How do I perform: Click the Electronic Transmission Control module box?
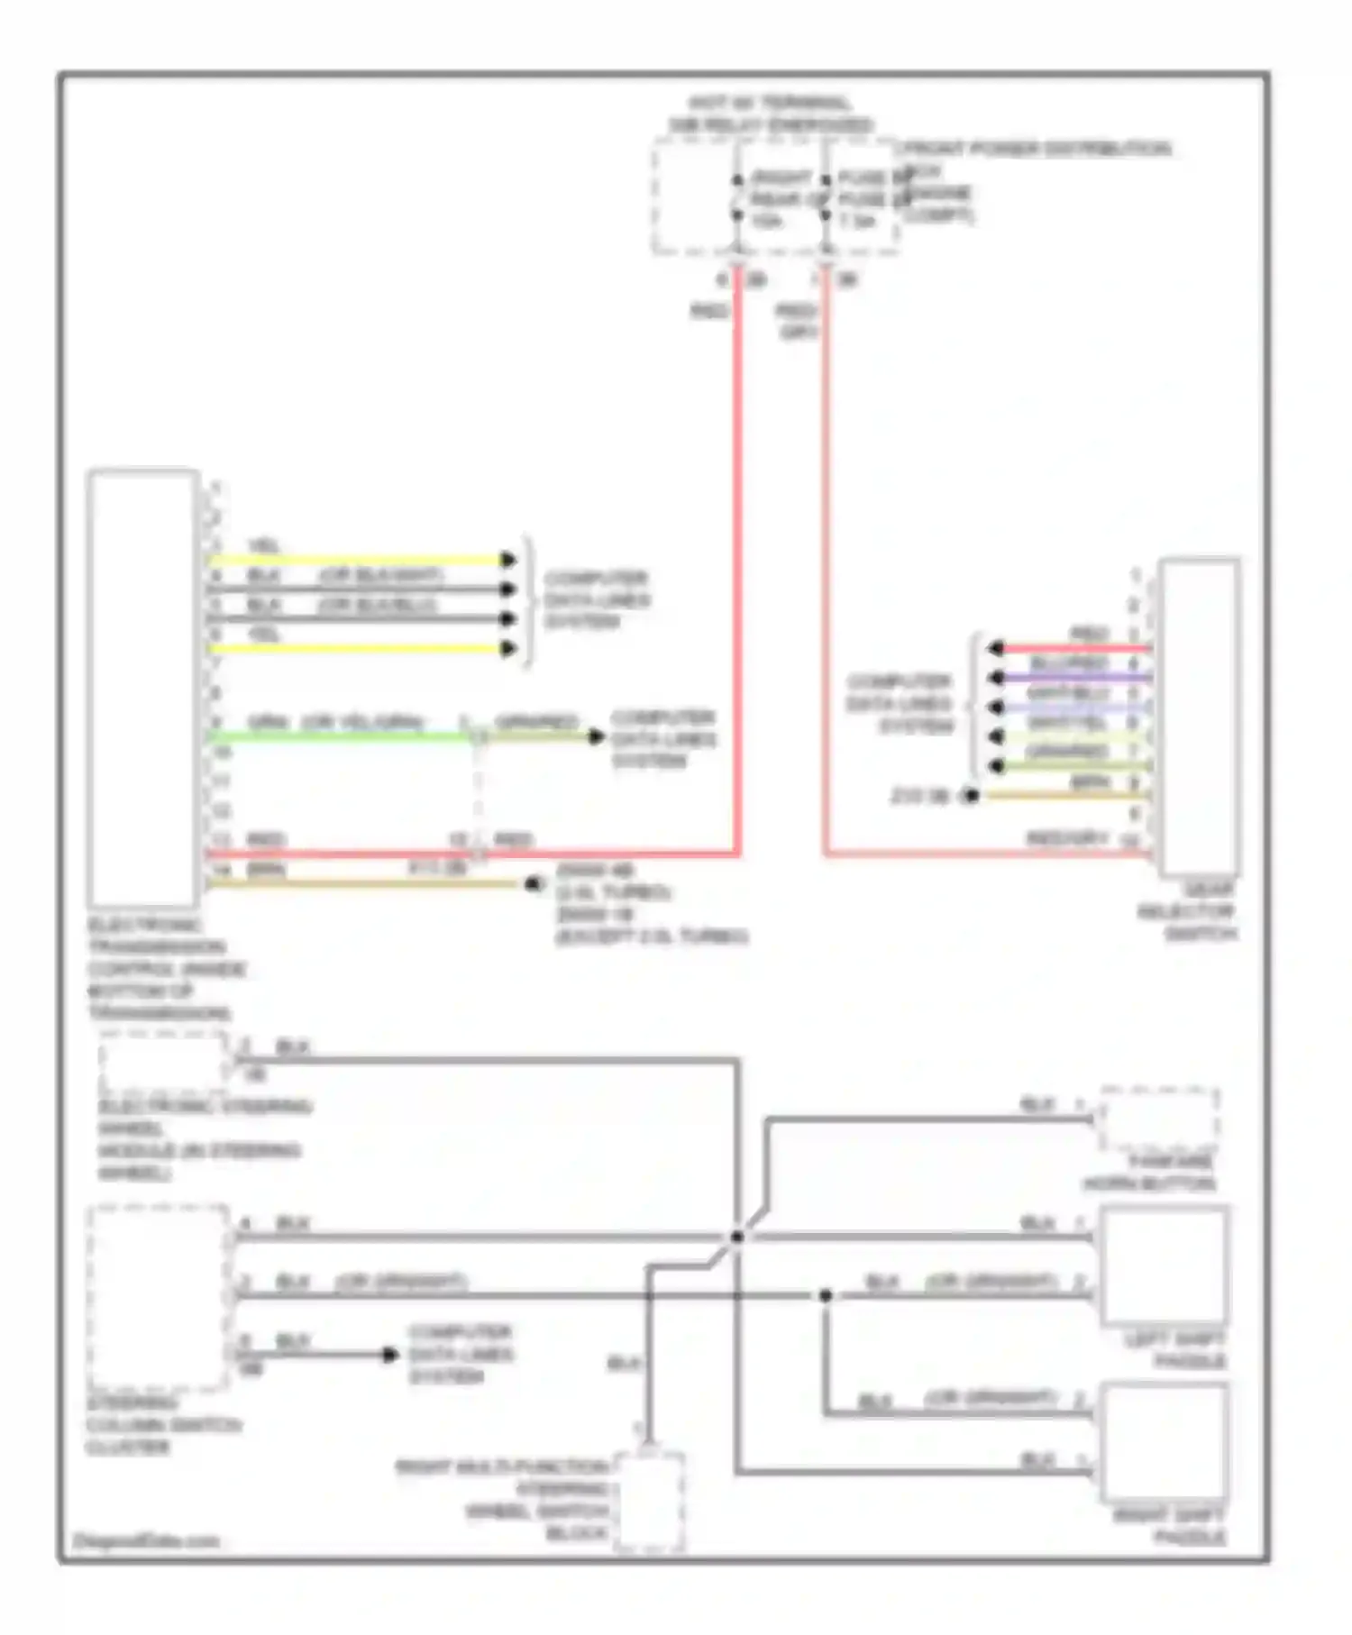click(x=143, y=688)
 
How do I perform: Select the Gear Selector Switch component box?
click(x=1199, y=717)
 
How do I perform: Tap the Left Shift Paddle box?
click(x=1164, y=1265)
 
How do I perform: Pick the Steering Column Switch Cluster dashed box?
click(x=159, y=1297)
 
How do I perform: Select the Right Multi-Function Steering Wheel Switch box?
click(x=649, y=1503)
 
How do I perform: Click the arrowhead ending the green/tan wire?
click(x=596, y=736)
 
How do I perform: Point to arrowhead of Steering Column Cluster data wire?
click(x=389, y=1354)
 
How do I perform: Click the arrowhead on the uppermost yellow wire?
click(x=509, y=560)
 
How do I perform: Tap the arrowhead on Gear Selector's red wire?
click(x=995, y=648)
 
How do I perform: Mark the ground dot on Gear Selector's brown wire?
click(x=971, y=796)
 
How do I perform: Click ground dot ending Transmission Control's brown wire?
click(x=533, y=884)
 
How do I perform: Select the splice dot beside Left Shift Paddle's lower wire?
click(x=825, y=1295)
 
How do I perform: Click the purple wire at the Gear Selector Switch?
click(x=1082, y=677)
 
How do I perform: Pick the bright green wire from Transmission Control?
click(x=343, y=736)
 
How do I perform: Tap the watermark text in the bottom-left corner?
click(x=146, y=1540)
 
